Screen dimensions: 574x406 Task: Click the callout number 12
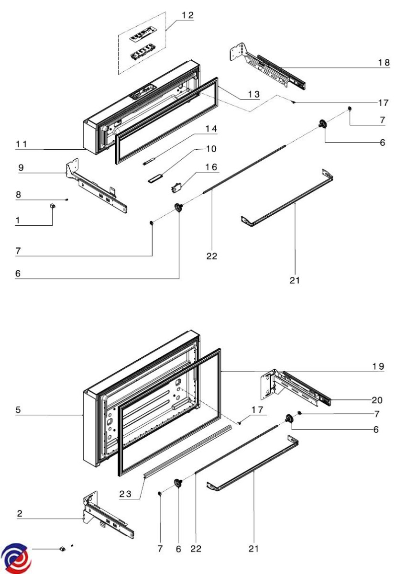coord(187,16)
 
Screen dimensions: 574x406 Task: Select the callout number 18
coord(383,63)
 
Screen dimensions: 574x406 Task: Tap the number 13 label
coord(250,95)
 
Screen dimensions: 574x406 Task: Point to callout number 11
coord(21,143)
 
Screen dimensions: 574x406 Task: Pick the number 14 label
coord(211,129)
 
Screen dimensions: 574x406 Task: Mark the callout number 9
coord(21,168)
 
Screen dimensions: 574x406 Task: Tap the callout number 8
coord(18,195)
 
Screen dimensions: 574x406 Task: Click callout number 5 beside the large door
coord(18,410)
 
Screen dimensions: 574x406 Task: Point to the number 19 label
coord(378,366)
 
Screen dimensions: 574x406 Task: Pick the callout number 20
coord(377,399)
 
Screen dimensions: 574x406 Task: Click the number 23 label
coord(125,495)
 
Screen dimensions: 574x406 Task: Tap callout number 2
coord(20,514)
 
